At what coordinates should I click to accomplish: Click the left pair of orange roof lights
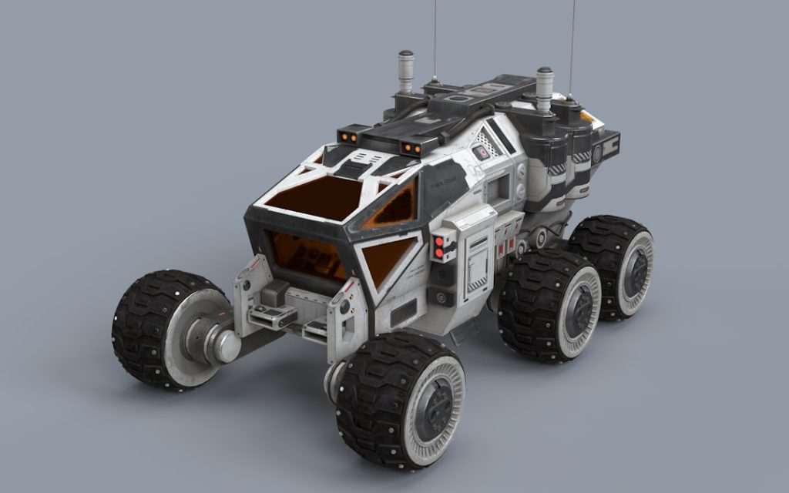pyautogui.click(x=348, y=136)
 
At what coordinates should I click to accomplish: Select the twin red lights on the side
pyautogui.click(x=440, y=246)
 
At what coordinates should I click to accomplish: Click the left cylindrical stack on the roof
pyautogui.click(x=405, y=73)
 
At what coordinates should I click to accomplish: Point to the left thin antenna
pyautogui.click(x=435, y=39)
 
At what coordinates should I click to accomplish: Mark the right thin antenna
pyautogui.click(x=571, y=46)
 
